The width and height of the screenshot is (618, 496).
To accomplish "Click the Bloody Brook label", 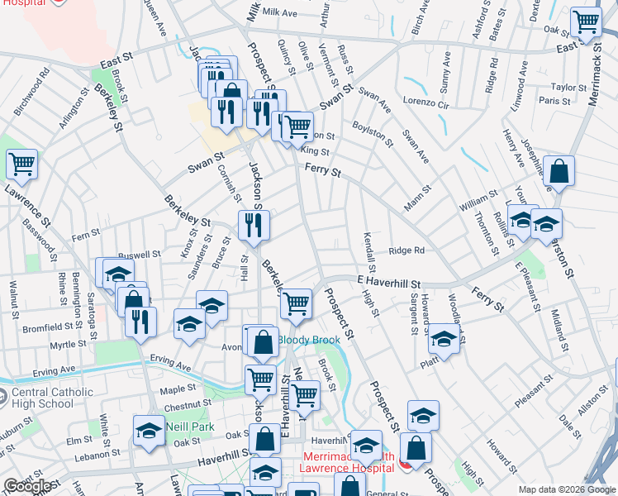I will pos(308,340).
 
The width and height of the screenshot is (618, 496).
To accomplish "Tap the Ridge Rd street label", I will pos(406,250).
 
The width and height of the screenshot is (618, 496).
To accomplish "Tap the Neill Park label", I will pos(190,427).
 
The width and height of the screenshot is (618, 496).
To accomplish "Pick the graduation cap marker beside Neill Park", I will pos(150,429).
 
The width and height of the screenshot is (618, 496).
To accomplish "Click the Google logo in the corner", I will pos(27,486).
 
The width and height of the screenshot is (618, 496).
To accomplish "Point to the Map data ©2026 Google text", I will pos(567,489).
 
